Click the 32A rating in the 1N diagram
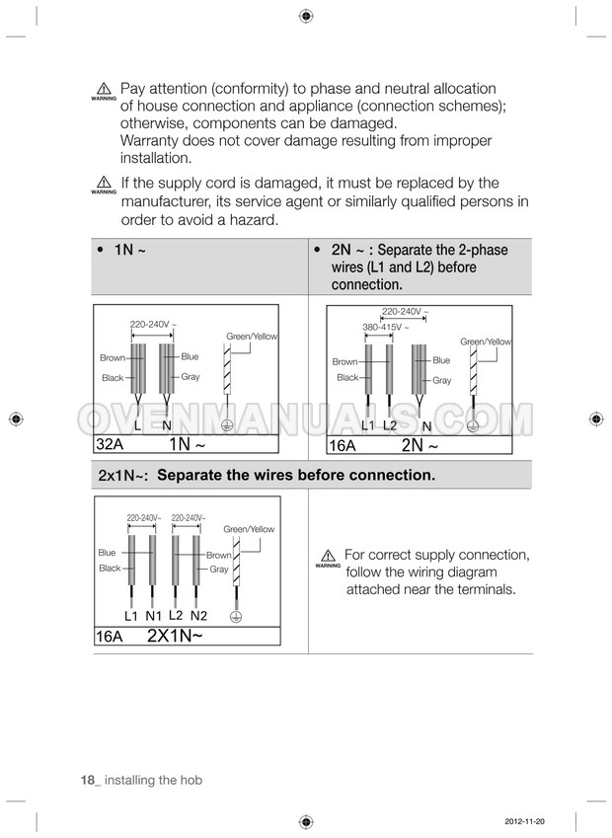110,444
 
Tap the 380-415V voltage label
385,327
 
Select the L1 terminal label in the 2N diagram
368,425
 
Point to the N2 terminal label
198,616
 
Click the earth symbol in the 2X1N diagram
236,616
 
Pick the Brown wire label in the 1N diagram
113,357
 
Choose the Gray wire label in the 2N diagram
442,381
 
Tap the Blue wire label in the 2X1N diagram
107,553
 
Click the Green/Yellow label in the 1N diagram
252,337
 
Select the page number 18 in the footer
88,781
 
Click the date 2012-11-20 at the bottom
524,821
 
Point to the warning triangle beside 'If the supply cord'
104,183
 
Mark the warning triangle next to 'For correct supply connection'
328,556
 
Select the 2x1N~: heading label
123,476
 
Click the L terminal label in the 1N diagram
138,426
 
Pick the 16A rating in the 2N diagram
343,445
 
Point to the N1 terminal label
153,616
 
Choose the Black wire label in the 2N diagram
347,377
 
